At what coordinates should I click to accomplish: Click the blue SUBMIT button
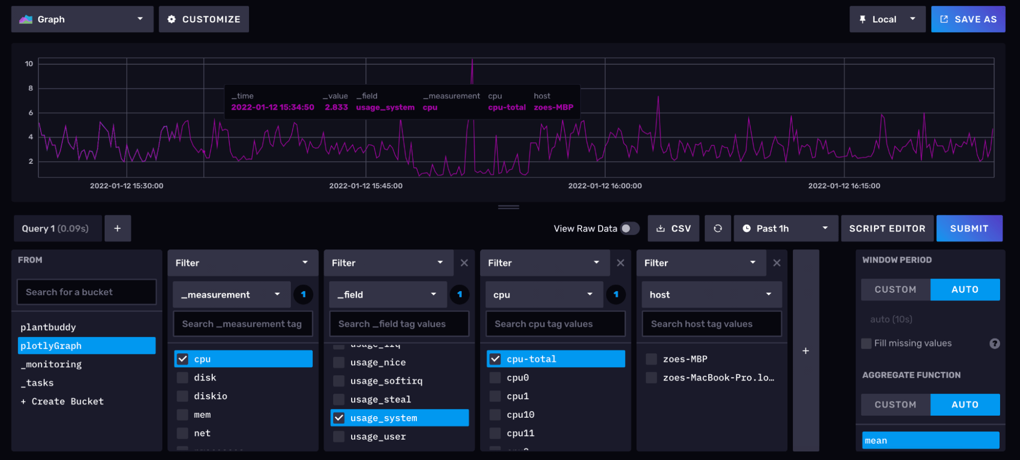[968, 228]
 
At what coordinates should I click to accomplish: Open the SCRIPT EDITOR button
[886, 228]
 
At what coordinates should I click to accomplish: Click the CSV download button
[673, 228]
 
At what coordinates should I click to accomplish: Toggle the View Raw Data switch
[630, 228]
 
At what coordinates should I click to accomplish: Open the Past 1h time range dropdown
[785, 228]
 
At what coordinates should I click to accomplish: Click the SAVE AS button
[967, 19]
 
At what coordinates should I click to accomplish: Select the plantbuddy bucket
[48, 327]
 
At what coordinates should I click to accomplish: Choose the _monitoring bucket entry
[51, 364]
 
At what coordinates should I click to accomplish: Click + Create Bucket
[62, 401]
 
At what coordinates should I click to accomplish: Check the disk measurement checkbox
[183, 377]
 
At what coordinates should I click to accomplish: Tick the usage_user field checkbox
[339, 437]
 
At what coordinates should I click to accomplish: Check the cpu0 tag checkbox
[495, 377]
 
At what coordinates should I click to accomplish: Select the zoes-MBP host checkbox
[651, 359]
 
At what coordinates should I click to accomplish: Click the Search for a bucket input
[86, 292]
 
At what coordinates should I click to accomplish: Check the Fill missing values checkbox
[866, 343]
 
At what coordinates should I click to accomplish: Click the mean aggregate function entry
[930, 440]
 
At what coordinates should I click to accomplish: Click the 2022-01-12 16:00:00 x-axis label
[605, 186]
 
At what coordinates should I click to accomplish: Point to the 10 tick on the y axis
[29, 64]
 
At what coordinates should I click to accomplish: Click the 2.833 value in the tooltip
[336, 107]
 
